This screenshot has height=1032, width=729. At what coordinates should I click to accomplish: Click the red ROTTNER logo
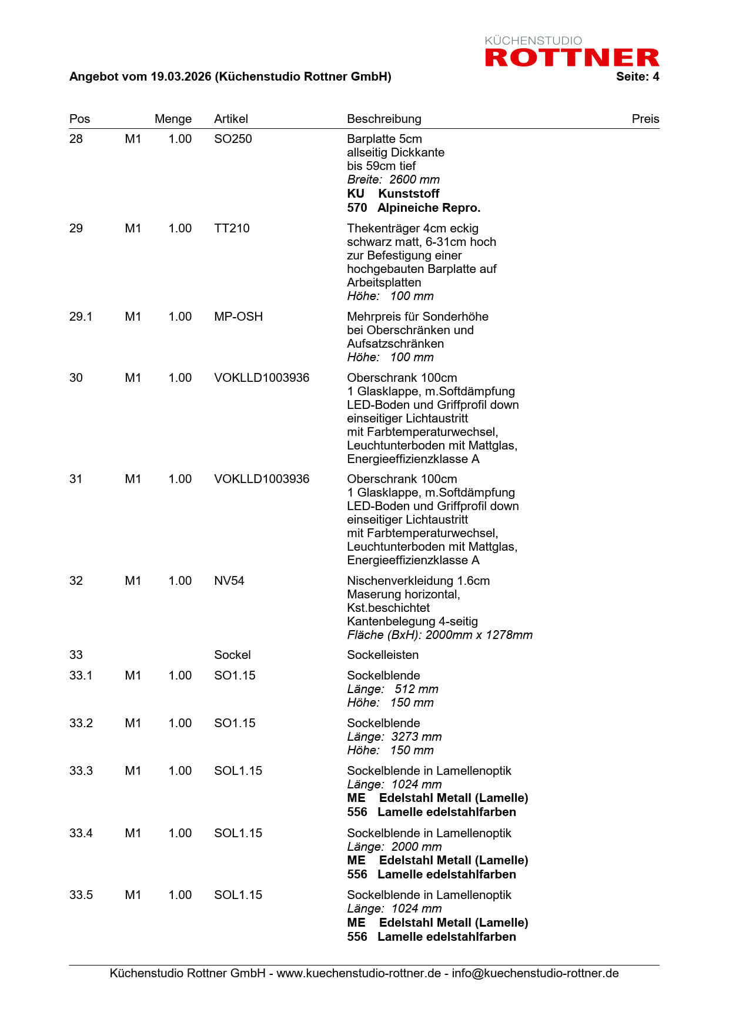click(x=571, y=57)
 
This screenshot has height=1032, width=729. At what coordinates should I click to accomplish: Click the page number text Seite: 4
click(x=637, y=76)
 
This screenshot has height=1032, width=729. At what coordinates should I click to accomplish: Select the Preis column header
click(x=645, y=119)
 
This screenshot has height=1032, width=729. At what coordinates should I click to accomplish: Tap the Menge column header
click(x=173, y=119)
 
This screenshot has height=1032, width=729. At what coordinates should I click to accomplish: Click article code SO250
click(x=233, y=139)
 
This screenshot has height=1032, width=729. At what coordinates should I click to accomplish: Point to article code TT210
click(x=232, y=228)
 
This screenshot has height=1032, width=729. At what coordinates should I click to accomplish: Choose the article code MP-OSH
click(x=238, y=317)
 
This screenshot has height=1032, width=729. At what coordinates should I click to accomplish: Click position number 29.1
click(x=81, y=317)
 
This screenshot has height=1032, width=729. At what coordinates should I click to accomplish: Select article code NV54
click(x=229, y=581)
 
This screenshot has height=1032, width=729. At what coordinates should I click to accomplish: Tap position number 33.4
click(x=81, y=833)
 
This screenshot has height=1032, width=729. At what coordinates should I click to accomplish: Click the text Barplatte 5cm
click(x=384, y=139)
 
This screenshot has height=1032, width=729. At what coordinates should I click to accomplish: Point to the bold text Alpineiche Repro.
click(x=429, y=208)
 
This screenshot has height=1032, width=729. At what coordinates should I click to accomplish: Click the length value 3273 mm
click(x=416, y=737)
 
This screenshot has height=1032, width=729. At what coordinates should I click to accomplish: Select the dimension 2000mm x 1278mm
click(x=479, y=635)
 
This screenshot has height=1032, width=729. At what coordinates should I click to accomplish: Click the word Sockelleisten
click(x=383, y=655)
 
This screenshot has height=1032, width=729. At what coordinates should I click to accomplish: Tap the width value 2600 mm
click(x=414, y=179)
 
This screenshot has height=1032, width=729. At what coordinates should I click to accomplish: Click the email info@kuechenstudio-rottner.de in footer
click(x=535, y=973)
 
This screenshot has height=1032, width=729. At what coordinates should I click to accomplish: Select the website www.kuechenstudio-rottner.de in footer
click(x=359, y=973)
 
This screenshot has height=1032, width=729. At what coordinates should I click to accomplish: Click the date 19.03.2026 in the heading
click(x=180, y=76)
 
